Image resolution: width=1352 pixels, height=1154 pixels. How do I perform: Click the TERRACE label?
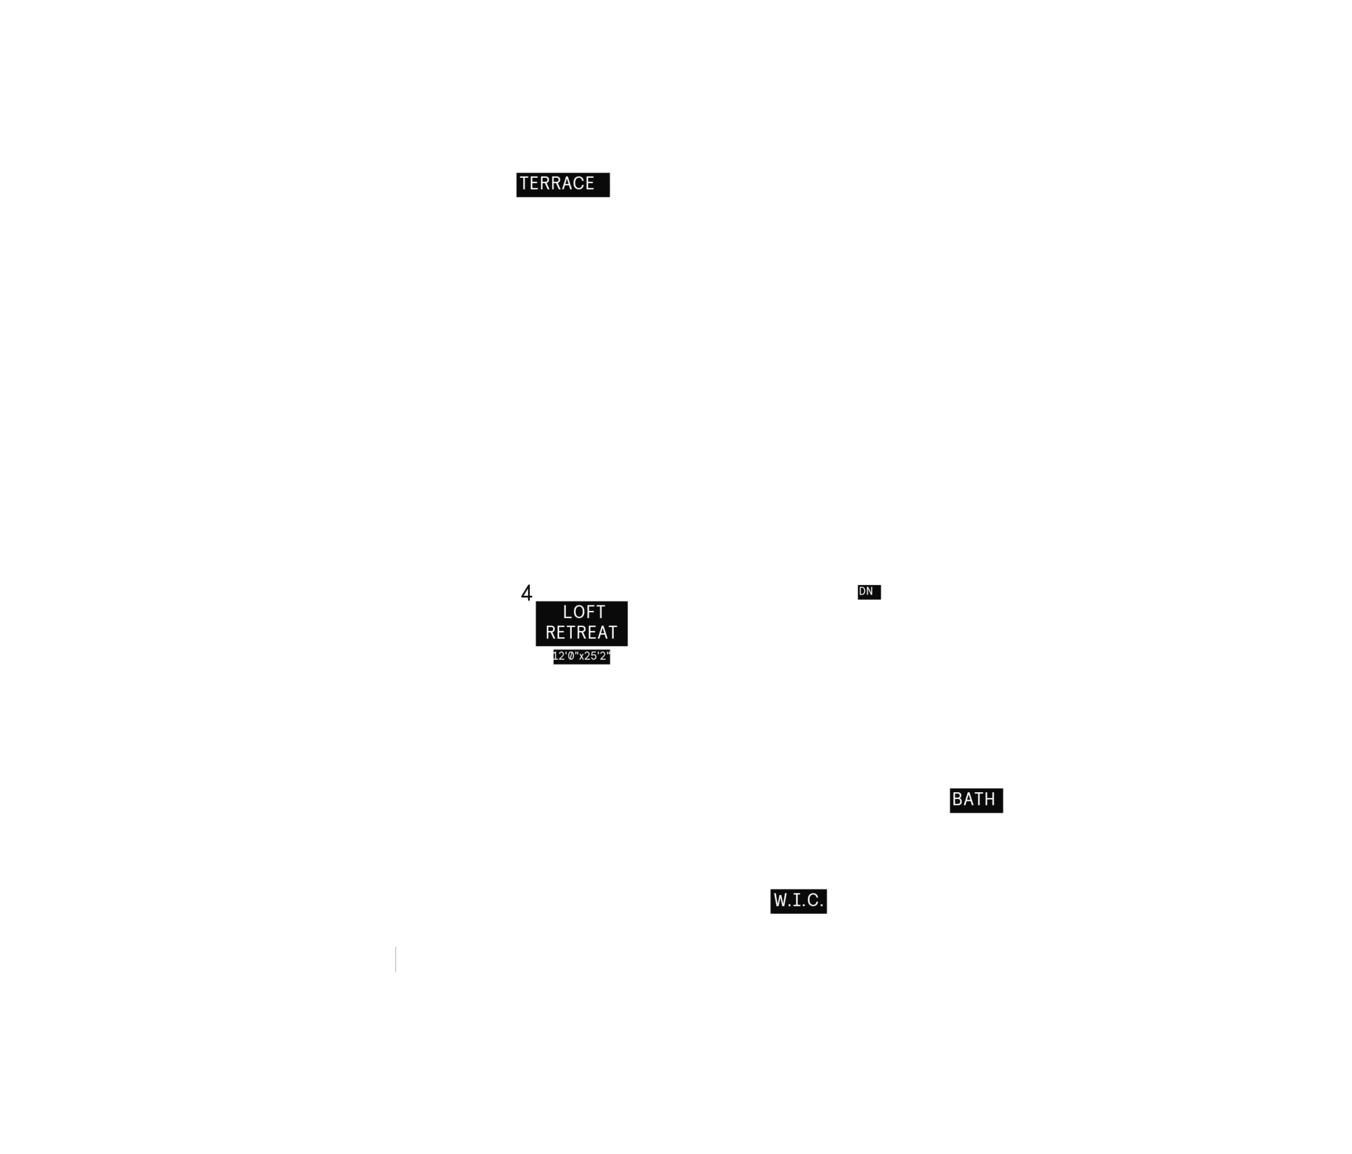pyautogui.click(x=557, y=183)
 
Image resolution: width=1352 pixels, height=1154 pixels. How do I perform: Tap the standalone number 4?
pyautogui.click(x=527, y=593)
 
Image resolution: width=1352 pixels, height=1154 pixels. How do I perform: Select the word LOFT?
pyautogui.click(x=584, y=612)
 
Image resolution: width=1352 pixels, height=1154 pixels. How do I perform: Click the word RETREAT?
pyautogui.click(x=581, y=632)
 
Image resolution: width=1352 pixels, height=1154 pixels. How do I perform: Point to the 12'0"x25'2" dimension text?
pyautogui.click(x=581, y=656)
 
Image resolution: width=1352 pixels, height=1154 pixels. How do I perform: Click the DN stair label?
pyautogui.click(x=866, y=591)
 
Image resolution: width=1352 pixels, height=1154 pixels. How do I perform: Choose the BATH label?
pyautogui.click(x=973, y=800)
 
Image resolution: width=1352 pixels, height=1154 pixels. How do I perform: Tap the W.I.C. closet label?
pyautogui.click(x=798, y=900)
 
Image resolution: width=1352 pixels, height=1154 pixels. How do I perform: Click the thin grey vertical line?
pyautogui.click(x=395, y=959)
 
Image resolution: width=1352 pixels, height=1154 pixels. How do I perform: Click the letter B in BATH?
pyautogui.click(x=957, y=800)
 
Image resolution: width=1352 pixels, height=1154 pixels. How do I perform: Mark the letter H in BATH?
pyautogui.click(x=990, y=800)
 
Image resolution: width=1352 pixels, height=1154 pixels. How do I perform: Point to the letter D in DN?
pyautogui.click(x=862, y=591)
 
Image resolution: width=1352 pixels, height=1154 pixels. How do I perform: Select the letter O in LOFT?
pyautogui.click(x=579, y=612)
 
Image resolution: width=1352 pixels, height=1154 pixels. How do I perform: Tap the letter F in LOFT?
pyautogui.click(x=590, y=612)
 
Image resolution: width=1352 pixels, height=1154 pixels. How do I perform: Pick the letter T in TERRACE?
pyautogui.click(x=524, y=183)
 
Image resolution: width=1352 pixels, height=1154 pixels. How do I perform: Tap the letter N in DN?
pyautogui.click(x=870, y=591)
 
